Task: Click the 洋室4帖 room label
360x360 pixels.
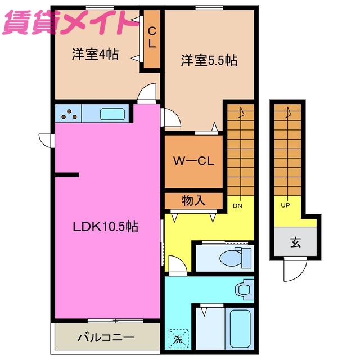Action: pos(95,54)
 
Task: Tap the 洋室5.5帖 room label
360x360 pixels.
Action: pos(209,60)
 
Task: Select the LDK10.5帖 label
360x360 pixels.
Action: pos(105,227)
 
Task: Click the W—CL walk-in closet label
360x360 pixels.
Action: pos(193,161)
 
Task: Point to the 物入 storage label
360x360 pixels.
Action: pos(193,200)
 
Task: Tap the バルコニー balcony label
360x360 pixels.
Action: pos(106,337)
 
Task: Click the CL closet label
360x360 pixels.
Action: pos(152,38)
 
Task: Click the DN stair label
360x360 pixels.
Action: pos(237,206)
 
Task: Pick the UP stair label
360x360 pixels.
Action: pos(285,205)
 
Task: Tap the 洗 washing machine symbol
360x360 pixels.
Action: pos(178,339)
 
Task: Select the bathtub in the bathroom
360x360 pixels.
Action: pos(240,328)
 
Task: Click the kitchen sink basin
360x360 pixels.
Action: pos(112,114)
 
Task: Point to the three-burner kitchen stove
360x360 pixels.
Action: pos(69,114)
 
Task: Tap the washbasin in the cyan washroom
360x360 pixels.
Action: pos(245,290)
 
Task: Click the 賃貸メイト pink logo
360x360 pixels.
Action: pos(69,22)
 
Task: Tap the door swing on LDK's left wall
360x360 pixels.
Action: pos(47,141)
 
